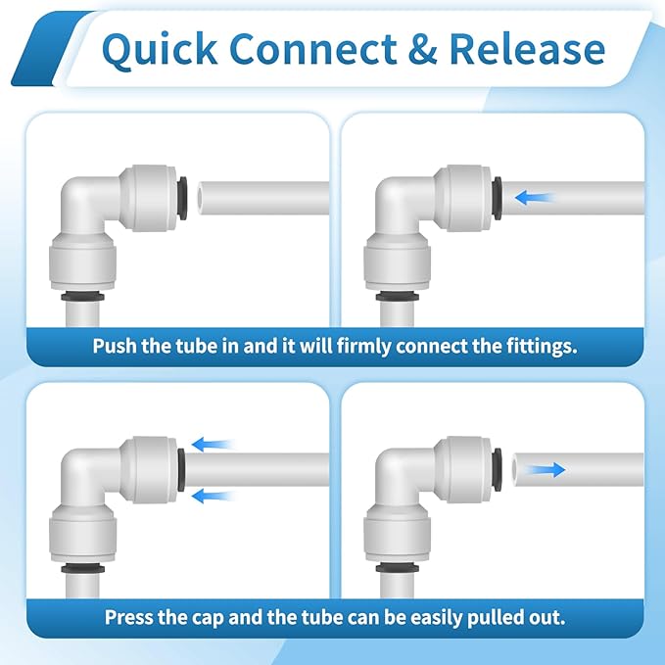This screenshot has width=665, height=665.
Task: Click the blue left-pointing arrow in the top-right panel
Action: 535,197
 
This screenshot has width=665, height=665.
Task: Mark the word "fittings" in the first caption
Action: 537,346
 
